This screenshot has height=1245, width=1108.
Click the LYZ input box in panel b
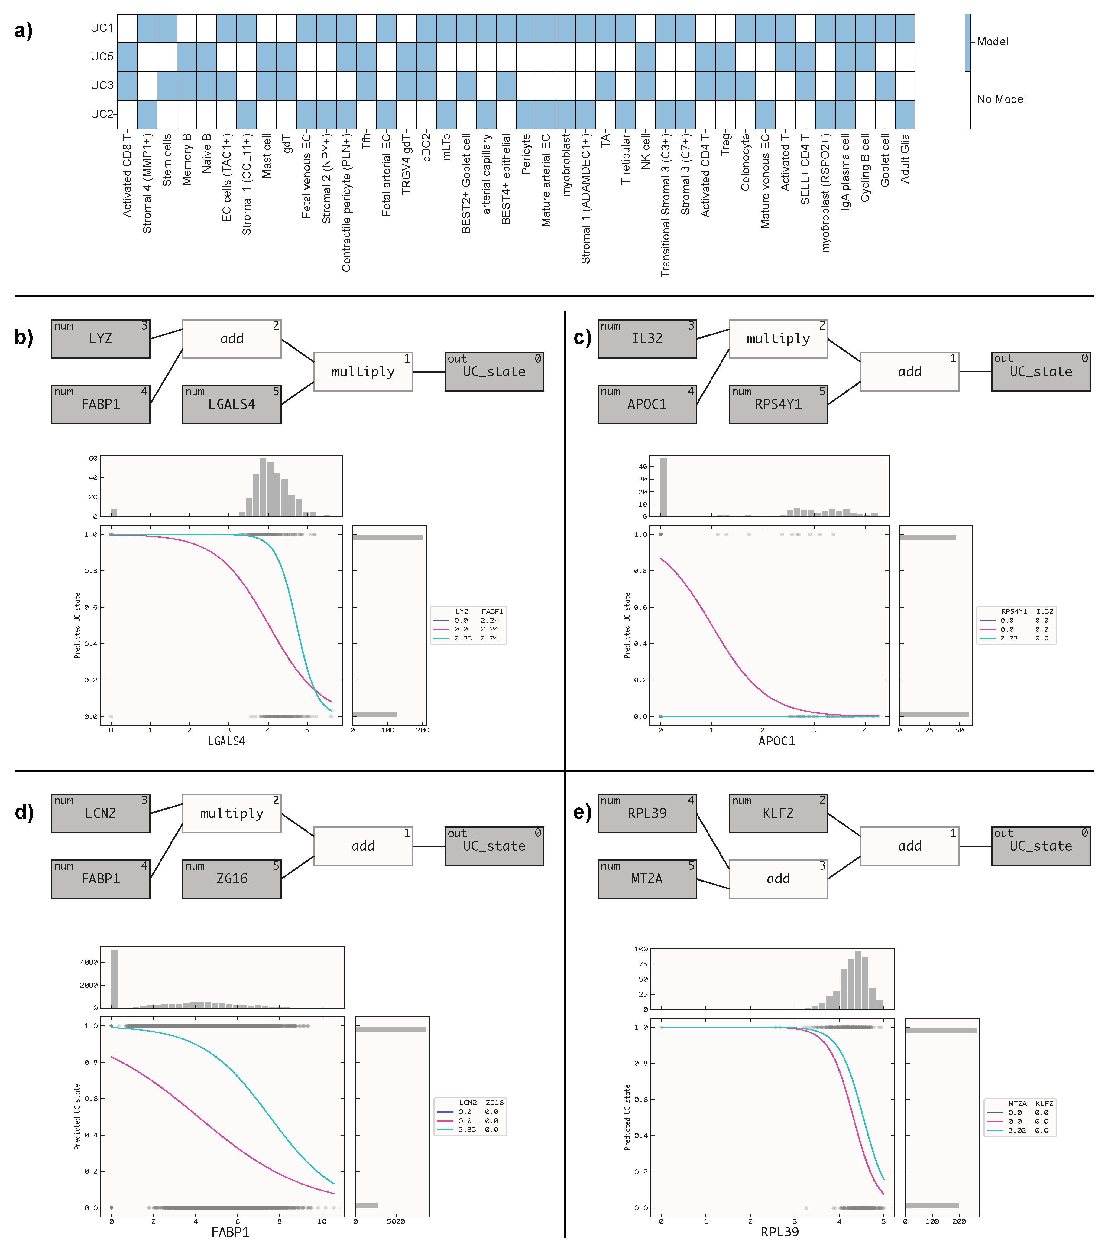[100, 339]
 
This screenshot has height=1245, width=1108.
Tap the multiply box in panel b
[363, 372]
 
